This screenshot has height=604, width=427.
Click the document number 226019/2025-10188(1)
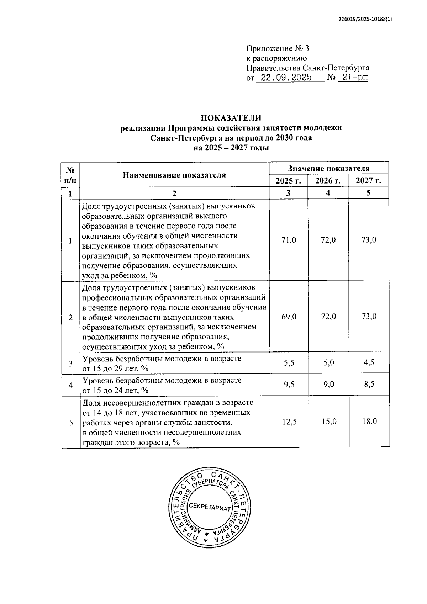(x=365, y=20)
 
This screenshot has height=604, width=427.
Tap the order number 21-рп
(x=353, y=78)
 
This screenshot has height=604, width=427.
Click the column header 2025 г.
(x=288, y=181)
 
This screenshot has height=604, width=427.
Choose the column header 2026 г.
(x=328, y=181)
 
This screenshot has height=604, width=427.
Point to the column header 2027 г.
(x=369, y=181)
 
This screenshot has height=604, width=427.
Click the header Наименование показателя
(x=174, y=175)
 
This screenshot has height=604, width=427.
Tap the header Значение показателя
(x=329, y=168)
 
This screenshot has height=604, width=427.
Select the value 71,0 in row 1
(x=289, y=240)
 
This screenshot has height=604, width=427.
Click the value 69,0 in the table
(x=289, y=317)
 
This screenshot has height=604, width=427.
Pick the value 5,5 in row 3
(x=289, y=363)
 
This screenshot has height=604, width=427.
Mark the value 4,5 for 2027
(x=369, y=363)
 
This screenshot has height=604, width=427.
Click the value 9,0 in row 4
(x=328, y=385)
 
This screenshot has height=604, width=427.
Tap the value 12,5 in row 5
(x=289, y=422)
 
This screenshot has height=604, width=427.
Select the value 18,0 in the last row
(x=369, y=422)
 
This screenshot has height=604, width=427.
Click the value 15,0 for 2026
(x=328, y=422)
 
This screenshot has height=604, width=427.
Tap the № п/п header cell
(x=70, y=175)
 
